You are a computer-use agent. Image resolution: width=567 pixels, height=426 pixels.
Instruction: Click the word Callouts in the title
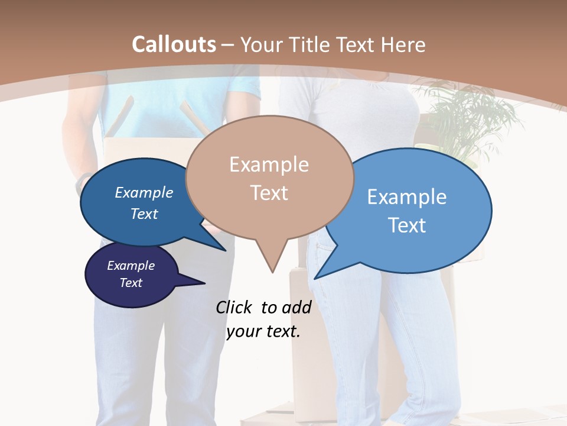174,44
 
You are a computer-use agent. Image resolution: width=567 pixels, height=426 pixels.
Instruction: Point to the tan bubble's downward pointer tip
272,272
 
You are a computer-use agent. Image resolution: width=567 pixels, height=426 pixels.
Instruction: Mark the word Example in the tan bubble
269,164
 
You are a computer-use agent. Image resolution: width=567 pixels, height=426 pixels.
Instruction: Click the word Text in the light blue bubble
407,225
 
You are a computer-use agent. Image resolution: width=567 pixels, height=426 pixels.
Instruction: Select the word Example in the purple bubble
131,266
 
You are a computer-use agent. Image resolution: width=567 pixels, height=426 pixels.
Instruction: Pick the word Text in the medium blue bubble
144,214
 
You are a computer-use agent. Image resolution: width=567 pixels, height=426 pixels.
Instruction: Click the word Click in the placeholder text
233,307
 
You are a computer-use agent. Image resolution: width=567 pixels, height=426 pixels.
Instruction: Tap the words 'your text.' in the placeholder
263,331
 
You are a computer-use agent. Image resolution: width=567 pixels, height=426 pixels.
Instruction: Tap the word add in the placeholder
296,307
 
